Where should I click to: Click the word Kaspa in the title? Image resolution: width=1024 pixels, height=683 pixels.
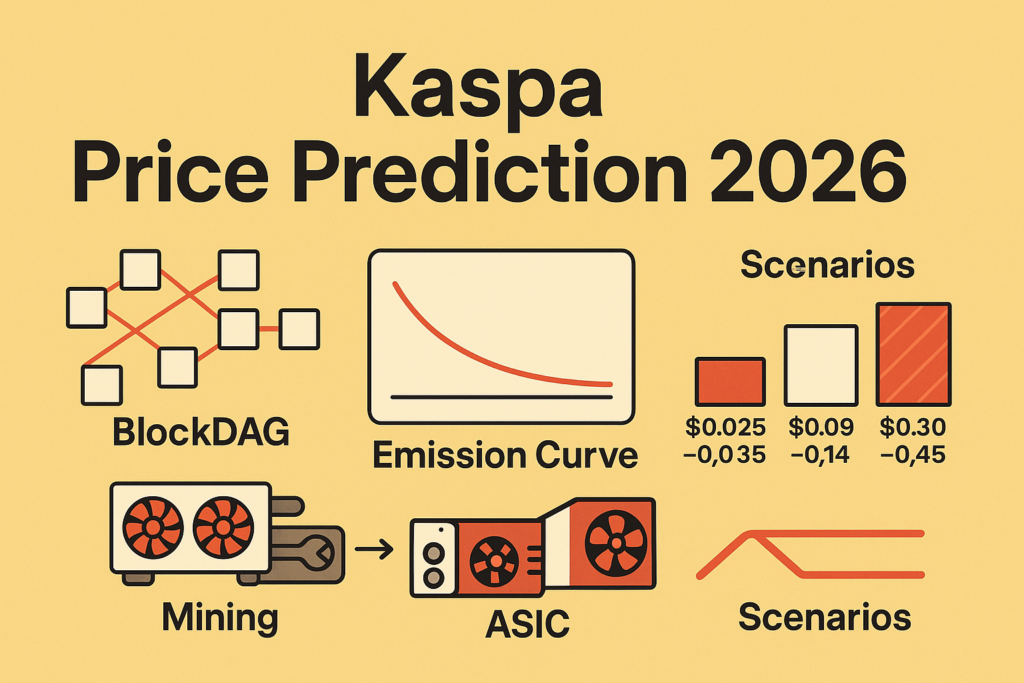(478, 88)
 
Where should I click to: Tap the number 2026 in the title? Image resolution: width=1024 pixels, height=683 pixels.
(808, 172)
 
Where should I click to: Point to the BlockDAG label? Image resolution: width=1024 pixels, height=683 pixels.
(201, 432)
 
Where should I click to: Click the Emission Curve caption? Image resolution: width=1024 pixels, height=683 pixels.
(505, 455)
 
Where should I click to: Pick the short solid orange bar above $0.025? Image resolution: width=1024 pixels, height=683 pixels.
(730, 382)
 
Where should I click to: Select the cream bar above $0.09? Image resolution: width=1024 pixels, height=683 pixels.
(821, 366)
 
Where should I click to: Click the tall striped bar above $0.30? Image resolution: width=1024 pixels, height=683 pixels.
(913, 355)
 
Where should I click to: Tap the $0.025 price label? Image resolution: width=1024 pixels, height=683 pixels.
(726, 428)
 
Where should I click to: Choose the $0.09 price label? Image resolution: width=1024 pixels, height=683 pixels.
(821, 428)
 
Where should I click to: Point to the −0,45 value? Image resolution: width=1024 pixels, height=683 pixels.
(912, 454)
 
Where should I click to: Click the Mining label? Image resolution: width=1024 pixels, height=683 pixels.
(220, 618)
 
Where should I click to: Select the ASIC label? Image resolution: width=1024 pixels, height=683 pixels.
(528, 624)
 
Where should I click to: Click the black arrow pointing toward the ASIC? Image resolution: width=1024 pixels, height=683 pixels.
(374, 549)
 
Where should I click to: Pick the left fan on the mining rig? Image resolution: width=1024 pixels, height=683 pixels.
(153, 528)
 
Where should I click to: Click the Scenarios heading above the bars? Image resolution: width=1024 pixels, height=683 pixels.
(827, 265)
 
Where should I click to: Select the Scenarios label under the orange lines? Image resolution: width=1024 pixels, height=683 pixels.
(825, 617)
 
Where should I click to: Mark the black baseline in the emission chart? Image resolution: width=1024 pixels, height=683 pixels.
(501, 397)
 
